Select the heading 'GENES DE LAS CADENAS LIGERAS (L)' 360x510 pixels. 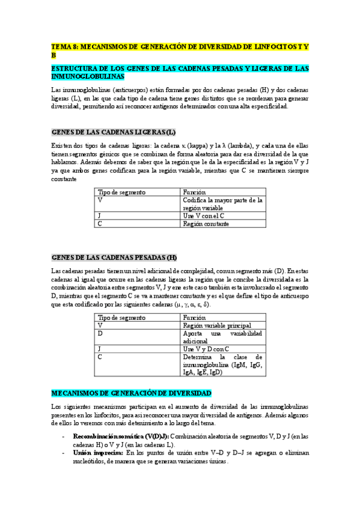pyautogui.click(x=114, y=132)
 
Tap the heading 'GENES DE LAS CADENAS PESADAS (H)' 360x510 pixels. pyautogui.click(x=115, y=257)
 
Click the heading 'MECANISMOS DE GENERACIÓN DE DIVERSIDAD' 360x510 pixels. pyautogui.click(x=132, y=376)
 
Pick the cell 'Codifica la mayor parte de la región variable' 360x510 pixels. pyautogui.click(x=223, y=204)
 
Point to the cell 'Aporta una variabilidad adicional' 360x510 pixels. pyautogui.click(x=223, y=337)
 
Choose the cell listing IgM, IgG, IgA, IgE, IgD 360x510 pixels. pyautogui.click(x=223, y=364)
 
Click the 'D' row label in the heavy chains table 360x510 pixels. pyautogui.click(x=100, y=333)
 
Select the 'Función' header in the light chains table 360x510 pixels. pyautogui.click(x=195, y=192)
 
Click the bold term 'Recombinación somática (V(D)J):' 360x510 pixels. pyautogui.click(x=121, y=436)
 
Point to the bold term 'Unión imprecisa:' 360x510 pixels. pyautogui.click(x=98, y=452)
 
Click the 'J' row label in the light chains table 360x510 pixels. pyautogui.click(x=100, y=216)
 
